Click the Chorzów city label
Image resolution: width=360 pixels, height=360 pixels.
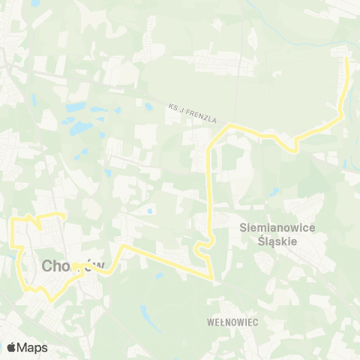[x=72, y=266]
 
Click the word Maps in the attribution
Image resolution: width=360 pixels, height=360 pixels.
[x=32, y=347]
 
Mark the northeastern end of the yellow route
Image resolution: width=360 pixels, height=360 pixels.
[x=346, y=59]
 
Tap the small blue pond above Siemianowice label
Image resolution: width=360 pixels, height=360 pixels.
[x=275, y=191]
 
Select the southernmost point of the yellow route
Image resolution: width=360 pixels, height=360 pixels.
[x=51, y=301]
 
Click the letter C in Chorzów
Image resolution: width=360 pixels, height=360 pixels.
[x=49, y=266]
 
